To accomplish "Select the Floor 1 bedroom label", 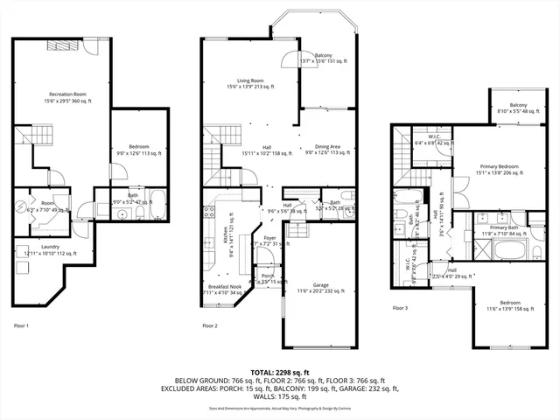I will click(x=133, y=150).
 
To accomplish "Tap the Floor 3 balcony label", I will click(x=511, y=108).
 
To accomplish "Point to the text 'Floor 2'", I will click(x=209, y=325).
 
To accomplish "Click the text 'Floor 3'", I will click(x=400, y=309).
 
